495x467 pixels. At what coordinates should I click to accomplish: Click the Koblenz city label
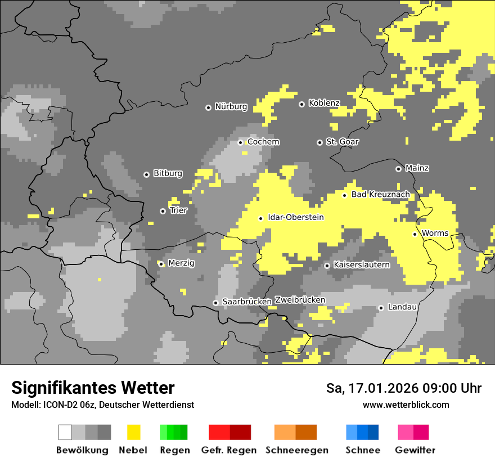coord(324,104)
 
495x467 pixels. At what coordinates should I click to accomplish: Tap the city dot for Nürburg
coord(208,107)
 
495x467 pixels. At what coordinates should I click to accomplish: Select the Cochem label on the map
coord(263,142)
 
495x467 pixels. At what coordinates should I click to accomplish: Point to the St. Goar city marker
coord(319,142)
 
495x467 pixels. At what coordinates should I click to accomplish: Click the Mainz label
coord(417,168)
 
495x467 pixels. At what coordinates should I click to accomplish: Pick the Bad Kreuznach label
coord(380,195)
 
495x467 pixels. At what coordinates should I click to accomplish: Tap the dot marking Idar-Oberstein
coord(260,218)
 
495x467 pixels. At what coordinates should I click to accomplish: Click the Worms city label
coord(435,234)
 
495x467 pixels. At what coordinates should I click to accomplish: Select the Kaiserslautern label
coord(361,264)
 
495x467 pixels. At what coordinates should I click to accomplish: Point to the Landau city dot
coord(381,308)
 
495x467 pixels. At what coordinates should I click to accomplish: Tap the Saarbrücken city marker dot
coord(215,303)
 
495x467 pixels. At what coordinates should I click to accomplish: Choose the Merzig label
coord(181,263)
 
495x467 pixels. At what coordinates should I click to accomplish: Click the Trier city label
coord(178,210)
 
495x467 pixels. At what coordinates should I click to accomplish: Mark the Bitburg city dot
coord(146,174)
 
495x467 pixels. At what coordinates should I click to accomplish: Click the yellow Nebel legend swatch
coord(133,432)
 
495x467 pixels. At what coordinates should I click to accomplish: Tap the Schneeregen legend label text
coord(296,450)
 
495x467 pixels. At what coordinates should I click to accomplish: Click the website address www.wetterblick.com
coord(406,405)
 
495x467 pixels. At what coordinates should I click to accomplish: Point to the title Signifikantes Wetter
coord(93,388)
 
